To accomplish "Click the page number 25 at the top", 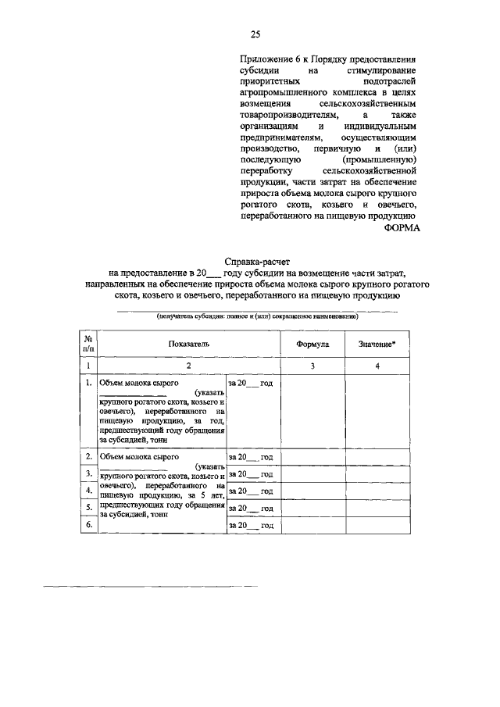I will [x=255, y=34].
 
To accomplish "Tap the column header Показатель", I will [x=188, y=344].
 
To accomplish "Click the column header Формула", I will [x=312, y=344].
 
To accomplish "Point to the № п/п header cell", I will [x=89, y=344].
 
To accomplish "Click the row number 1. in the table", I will [x=89, y=384].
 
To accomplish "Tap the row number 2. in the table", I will [x=89, y=456].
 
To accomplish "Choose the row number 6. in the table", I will [x=89, y=525].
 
